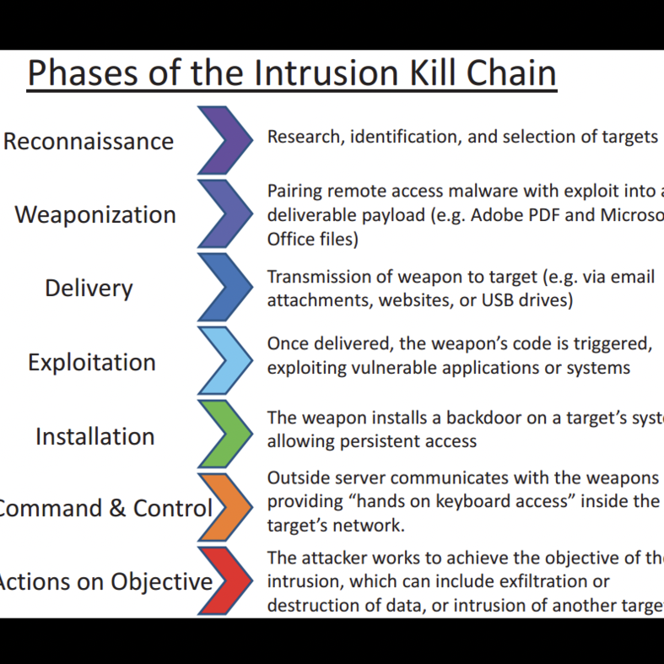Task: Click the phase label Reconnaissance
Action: tap(89, 141)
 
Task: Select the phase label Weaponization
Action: tap(95, 214)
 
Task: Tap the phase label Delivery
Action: tap(89, 289)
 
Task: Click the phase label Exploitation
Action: tap(92, 363)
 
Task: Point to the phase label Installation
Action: tap(95, 436)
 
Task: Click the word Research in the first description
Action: tap(301, 137)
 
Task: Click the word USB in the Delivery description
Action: tap(479, 300)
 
